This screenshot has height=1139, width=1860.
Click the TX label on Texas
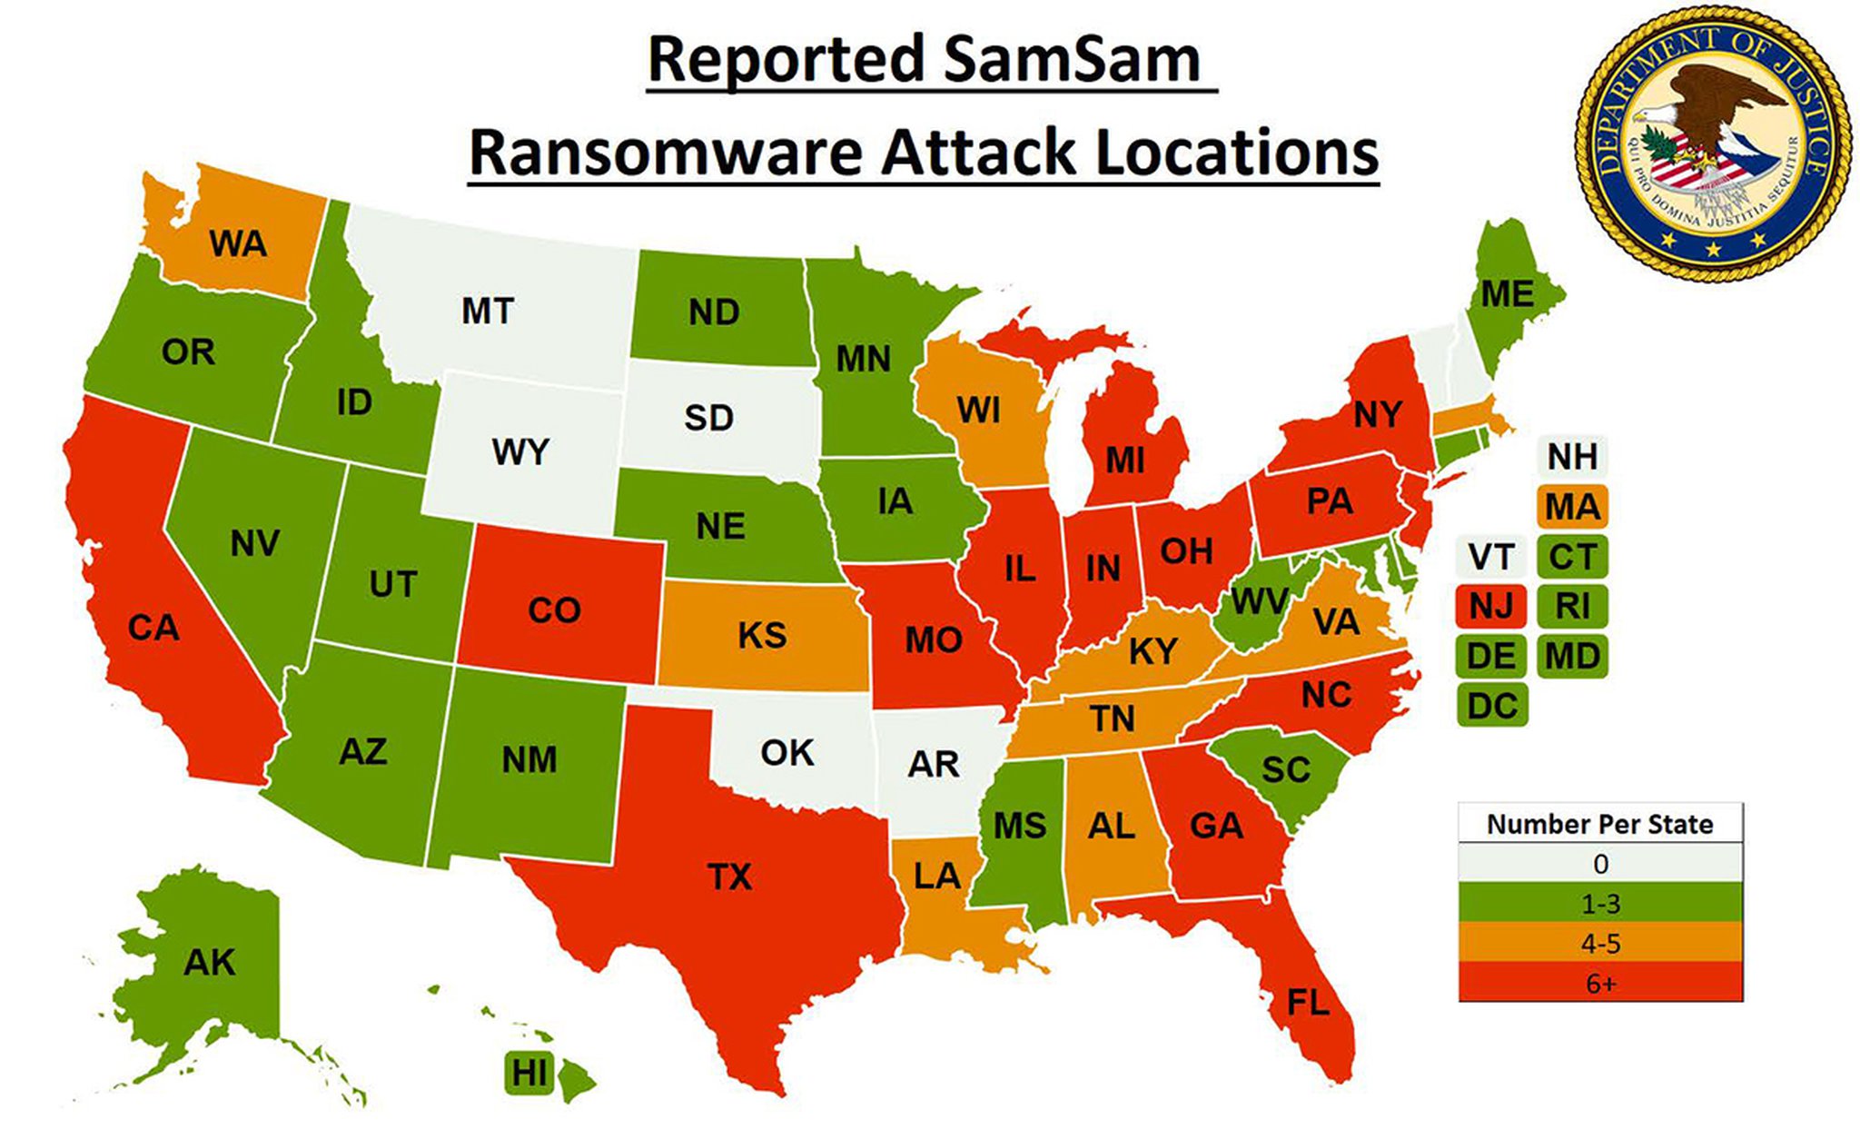click(729, 877)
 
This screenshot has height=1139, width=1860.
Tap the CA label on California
click(153, 628)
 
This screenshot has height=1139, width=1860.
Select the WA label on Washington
click(238, 243)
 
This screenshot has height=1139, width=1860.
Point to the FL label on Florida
click(1308, 1003)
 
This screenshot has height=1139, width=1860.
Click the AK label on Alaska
click(209, 962)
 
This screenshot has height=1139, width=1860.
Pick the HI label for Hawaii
click(529, 1074)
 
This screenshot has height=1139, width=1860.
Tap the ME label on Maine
click(1507, 294)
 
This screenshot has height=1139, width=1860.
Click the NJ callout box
click(1490, 606)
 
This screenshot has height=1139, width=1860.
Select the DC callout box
click(1491, 706)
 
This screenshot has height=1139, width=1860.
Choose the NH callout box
click(1572, 457)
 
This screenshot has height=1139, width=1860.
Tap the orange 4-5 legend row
click(1600, 944)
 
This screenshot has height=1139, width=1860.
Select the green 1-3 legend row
click(1600, 904)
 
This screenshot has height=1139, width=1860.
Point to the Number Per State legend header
click(1600, 824)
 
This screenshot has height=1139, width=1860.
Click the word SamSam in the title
click(1071, 60)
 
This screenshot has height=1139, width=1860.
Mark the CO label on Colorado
click(554, 610)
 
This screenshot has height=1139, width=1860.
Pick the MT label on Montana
click(488, 312)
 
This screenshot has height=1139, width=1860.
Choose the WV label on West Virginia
click(1259, 601)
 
